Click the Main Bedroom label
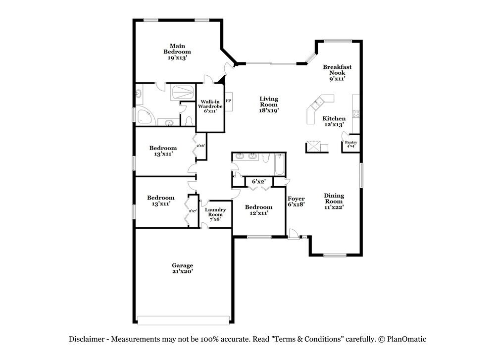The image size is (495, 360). point(177,51)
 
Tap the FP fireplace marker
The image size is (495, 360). point(228,101)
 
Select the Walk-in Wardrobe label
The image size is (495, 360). point(210,106)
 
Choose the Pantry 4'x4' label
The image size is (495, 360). point(351,144)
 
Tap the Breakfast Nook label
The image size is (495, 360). point(334,72)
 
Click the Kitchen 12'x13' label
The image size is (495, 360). point(334,121)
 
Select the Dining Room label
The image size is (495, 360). point(334,201)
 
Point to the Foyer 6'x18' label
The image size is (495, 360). point(297,201)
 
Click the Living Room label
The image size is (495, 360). point(269,105)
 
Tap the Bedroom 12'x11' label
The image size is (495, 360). point(258,210)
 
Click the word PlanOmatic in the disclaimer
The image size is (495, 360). point(407,339)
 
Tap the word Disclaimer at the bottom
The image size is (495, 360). point(86,339)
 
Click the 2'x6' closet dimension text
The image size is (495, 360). point(201,146)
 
